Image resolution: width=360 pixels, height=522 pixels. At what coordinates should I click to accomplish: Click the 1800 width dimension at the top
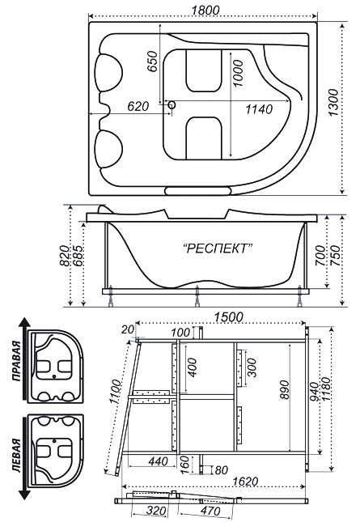205,10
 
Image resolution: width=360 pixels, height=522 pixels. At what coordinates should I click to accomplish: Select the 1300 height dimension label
333,103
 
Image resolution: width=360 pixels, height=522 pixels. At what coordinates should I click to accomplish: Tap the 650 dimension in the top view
152,61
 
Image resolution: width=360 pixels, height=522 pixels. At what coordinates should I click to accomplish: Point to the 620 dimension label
138,106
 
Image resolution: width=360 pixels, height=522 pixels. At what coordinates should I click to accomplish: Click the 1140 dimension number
259,109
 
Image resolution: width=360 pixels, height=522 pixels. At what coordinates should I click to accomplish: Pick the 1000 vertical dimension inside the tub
238,73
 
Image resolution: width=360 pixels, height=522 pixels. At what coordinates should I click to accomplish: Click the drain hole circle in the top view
172,105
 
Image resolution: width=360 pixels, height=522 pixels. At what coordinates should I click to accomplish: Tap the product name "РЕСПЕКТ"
218,248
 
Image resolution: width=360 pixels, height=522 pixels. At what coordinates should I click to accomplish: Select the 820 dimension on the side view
65,256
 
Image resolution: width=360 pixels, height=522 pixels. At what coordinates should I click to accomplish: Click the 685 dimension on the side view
78,256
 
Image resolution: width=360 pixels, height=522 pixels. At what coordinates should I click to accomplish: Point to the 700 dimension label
320,256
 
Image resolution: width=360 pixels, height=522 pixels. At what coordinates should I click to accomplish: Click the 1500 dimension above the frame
228,317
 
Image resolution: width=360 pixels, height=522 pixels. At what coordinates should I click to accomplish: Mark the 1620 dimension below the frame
245,481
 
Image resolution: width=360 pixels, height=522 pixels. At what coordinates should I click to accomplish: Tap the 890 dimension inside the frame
285,390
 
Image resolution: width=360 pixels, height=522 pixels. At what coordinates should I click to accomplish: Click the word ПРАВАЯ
16,360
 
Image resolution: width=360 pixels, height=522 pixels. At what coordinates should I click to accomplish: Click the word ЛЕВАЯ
16,456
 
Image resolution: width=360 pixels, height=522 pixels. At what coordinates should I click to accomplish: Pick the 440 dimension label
158,461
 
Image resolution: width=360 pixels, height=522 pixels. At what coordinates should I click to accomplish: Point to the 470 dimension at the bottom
210,511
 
